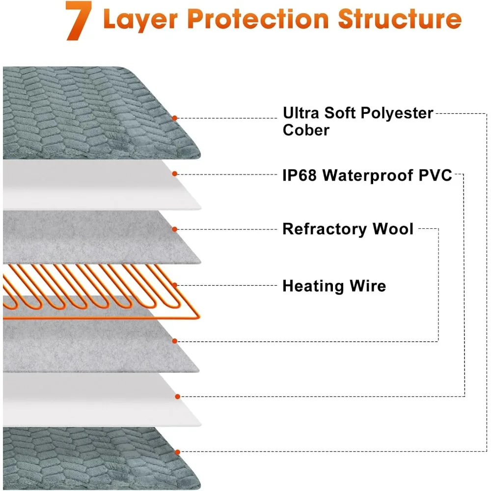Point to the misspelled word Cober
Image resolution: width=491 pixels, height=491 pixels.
point(306,130)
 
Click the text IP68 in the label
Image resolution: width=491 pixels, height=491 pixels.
point(299,176)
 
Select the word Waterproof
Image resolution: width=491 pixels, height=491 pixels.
point(370,176)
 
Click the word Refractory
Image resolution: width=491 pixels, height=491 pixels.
point(325,229)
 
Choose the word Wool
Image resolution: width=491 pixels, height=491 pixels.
point(393,229)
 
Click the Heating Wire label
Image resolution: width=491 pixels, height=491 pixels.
point(334,286)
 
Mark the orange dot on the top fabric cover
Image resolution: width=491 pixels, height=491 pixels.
point(174,118)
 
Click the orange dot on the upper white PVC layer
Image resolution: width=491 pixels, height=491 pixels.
point(175,173)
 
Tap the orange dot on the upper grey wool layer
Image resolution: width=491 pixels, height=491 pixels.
point(175,229)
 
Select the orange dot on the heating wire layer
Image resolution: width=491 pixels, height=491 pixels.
point(175,285)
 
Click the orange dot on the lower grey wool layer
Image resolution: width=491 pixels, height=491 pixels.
point(175,341)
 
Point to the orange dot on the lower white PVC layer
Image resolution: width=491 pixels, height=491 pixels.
point(176,396)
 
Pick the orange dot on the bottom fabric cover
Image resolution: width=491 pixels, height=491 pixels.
point(176,452)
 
